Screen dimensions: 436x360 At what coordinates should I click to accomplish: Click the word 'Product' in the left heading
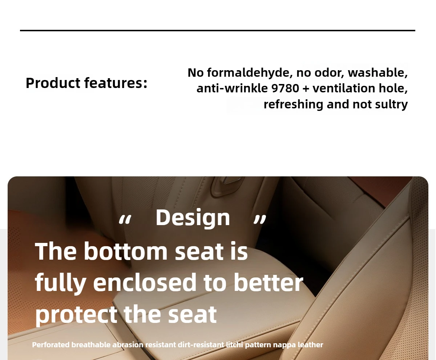point(53,83)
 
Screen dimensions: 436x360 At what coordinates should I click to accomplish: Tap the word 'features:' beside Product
point(116,83)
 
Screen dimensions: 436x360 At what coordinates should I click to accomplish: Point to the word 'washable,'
point(378,72)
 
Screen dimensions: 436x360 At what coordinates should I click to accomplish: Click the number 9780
point(285,88)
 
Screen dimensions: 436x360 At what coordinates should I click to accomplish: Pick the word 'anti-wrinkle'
point(232,88)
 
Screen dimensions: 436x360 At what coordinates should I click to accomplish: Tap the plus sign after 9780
point(306,89)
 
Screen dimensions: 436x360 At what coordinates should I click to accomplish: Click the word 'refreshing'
point(293,104)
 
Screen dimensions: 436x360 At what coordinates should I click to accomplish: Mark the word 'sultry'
point(391,104)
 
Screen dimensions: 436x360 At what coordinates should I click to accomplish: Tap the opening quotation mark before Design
point(125,220)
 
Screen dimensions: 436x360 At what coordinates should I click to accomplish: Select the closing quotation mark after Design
point(260,220)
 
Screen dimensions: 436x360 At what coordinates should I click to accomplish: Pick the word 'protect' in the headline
point(76,315)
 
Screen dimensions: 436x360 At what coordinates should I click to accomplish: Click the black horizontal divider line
point(218,31)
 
